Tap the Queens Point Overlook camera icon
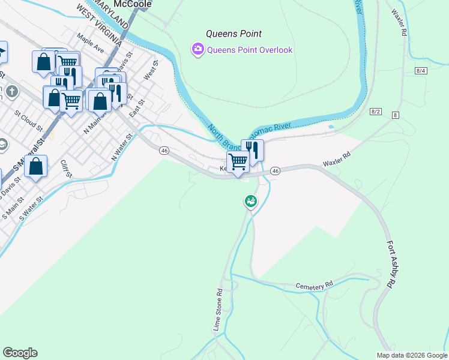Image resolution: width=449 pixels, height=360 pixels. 197,50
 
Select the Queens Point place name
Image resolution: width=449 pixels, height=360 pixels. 234,34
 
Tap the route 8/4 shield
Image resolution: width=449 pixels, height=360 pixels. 421,71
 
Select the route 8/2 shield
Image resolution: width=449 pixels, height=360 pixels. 376,112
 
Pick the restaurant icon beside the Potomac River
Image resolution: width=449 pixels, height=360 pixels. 253,149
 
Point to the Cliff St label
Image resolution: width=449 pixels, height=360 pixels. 66,168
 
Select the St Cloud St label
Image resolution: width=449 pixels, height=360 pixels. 29,120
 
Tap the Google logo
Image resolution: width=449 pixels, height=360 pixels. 20,353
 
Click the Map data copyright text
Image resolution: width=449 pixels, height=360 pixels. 412,355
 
